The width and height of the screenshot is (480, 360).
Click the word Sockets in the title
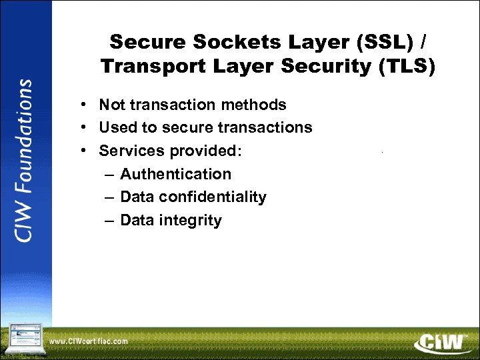(221, 42)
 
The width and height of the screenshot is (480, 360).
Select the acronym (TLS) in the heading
(407, 66)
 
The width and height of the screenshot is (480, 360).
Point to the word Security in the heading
(321, 66)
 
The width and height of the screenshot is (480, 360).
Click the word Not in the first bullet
(111, 105)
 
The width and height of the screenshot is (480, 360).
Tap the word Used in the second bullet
(115, 127)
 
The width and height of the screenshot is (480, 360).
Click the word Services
(131, 151)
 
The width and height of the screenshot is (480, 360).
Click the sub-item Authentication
(175, 174)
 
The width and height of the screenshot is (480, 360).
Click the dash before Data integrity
(109, 221)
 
